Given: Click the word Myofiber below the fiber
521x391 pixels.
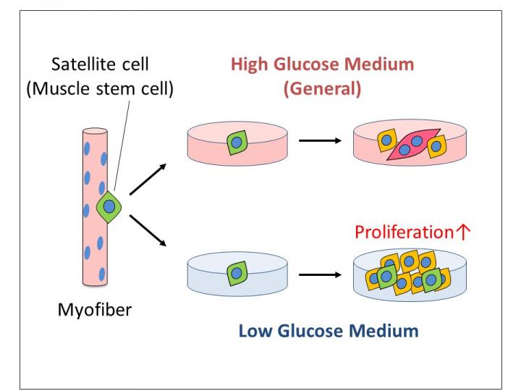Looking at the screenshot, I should tap(95, 311).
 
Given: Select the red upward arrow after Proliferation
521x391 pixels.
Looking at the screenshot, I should tap(464, 232).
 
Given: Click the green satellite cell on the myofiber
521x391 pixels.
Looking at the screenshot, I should tap(109, 207).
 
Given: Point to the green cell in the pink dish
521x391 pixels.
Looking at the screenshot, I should tap(237, 143).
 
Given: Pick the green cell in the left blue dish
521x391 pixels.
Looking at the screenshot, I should tap(237, 274).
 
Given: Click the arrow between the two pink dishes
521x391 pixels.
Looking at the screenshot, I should tap(319, 140).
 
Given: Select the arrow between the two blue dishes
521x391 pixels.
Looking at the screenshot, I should tap(319, 274).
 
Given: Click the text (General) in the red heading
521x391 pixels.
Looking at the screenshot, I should tap(322, 89).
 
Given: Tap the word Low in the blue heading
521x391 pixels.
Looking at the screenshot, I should tap(255, 332).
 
